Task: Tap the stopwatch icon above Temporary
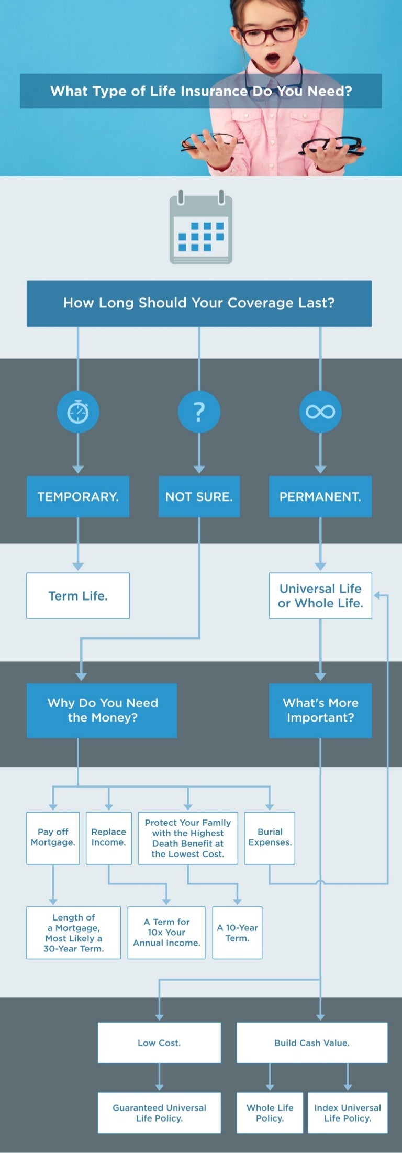(78, 412)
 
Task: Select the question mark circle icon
(199, 412)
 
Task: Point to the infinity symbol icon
(320, 412)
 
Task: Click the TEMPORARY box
(78, 496)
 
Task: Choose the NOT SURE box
(199, 496)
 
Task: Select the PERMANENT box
(320, 496)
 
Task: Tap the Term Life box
(78, 595)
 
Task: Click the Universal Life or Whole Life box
(320, 595)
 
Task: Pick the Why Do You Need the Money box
(102, 710)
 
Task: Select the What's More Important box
(320, 710)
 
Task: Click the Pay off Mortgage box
(53, 837)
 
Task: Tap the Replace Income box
(108, 837)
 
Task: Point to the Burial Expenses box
(270, 837)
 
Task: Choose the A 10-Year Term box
(237, 933)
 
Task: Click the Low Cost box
(159, 1043)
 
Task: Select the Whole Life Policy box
(270, 1112)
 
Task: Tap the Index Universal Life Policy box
(348, 1112)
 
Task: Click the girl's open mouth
(273, 60)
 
